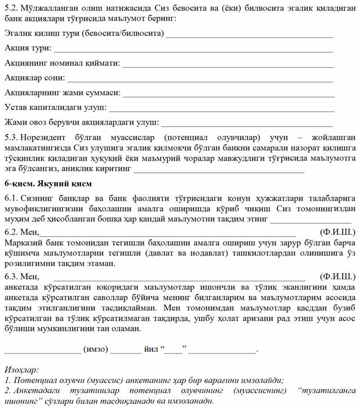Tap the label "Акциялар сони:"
[34, 77]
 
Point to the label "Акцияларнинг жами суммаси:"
[62, 92]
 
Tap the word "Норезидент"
[45, 137]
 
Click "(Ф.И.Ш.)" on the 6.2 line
[337, 232]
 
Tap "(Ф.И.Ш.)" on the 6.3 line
[337, 276]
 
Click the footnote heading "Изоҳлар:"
[21, 370]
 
